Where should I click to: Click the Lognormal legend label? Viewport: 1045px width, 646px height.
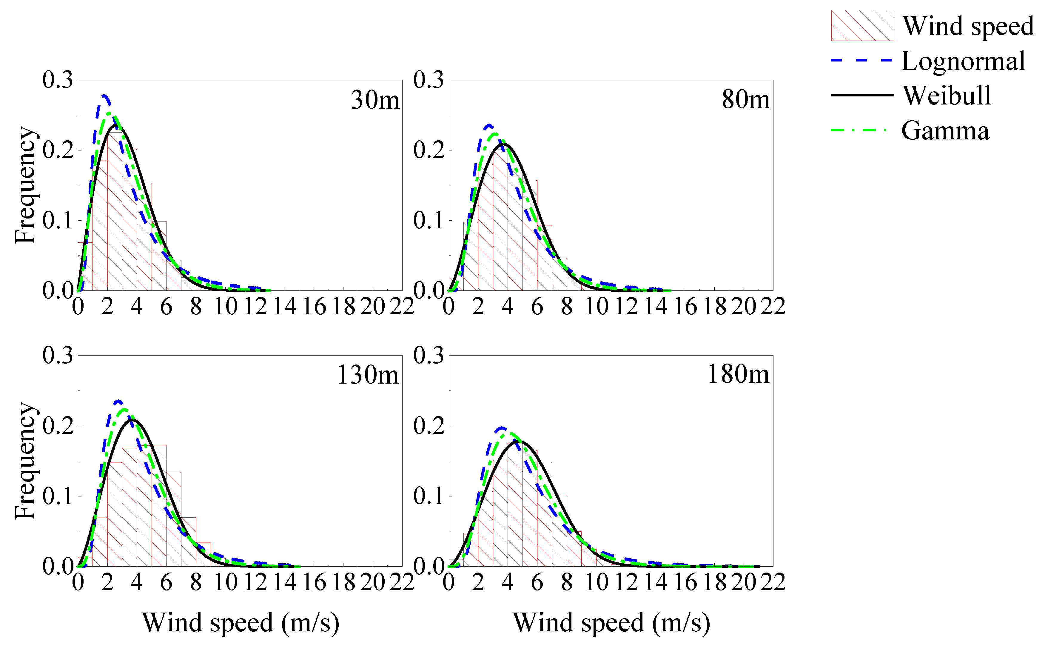pos(963,61)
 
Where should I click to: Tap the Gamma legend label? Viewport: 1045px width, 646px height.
pos(945,130)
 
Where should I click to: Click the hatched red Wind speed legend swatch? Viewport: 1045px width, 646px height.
pos(862,26)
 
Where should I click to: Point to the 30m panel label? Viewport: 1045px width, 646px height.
pos(375,100)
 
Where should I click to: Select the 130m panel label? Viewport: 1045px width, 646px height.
pos(368,376)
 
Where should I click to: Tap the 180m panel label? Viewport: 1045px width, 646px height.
pos(738,375)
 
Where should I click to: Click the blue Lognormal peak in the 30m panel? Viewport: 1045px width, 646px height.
pos(104,96)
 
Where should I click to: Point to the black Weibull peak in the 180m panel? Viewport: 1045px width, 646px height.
pos(522,441)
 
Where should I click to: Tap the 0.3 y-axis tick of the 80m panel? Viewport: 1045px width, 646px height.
pos(428,80)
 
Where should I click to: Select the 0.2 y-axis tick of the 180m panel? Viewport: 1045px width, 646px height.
pos(428,426)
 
